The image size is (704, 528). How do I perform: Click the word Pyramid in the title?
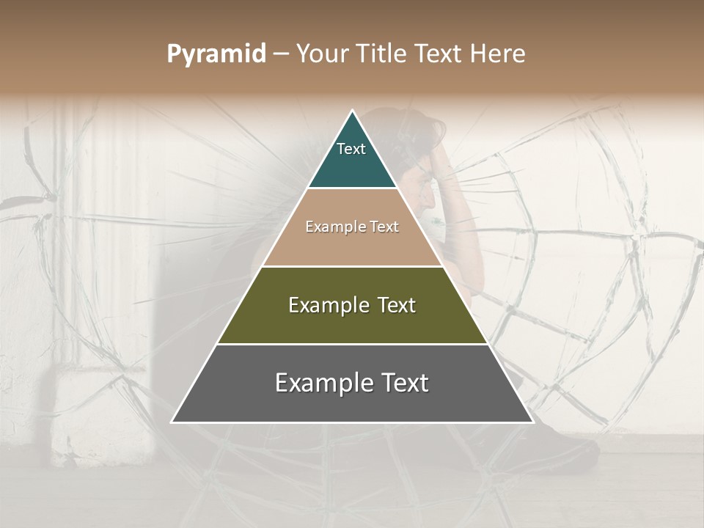point(216,54)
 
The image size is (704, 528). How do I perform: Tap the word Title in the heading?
point(381,54)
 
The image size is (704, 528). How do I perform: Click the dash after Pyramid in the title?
point(281,54)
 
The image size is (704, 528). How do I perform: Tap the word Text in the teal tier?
point(351,149)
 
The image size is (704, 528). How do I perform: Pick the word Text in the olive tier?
point(397,305)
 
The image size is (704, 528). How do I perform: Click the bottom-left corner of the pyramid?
point(172,422)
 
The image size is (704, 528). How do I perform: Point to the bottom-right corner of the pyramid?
point(533,422)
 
